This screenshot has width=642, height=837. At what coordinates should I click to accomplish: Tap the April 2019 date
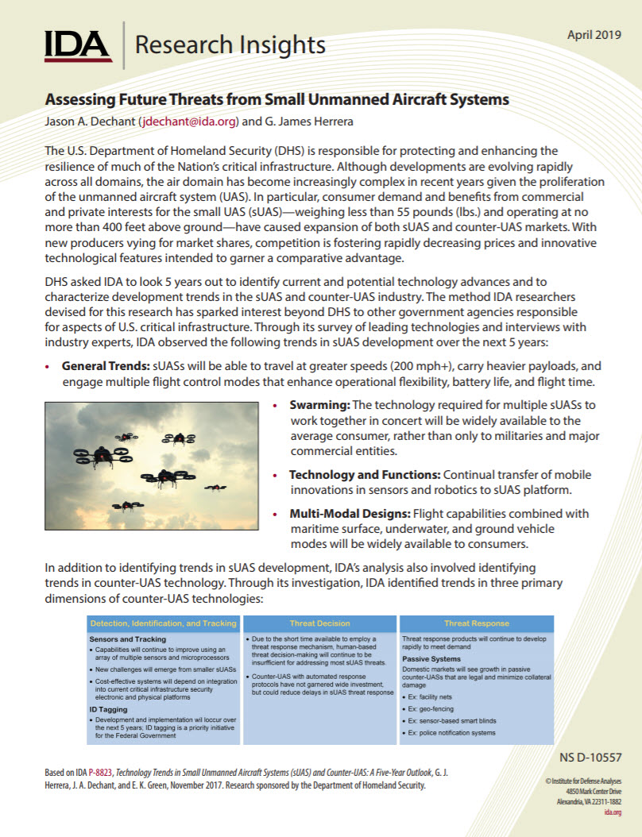(x=594, y=35)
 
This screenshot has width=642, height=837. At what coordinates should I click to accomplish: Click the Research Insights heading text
(x=230, y=45)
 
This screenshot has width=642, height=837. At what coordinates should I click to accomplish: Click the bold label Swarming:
(x=319, y=404)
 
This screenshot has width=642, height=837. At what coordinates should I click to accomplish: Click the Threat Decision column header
(x=319, y=623)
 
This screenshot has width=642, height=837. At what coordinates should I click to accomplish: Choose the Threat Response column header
(x=477, y=623)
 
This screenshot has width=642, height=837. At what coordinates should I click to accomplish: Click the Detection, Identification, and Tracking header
(x=163, y=623)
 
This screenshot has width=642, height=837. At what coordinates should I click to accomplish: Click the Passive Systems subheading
(x=431, y=659)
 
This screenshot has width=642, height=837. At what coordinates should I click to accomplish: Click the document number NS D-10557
(x=591, y=758)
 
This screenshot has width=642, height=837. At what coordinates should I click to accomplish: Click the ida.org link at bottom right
(x=613, y=812)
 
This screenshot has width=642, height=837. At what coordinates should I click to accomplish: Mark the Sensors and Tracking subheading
(x=127, y=639)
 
